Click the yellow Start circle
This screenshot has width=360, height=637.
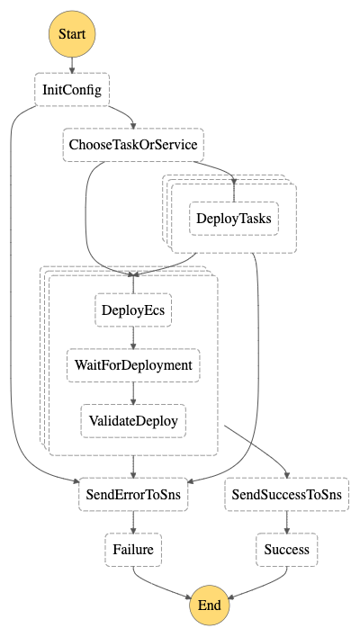coord(72,34)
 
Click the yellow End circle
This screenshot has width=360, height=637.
coord(210,606)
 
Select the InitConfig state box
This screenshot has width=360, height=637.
coord(72,90)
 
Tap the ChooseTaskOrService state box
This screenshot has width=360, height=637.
coord(133,145)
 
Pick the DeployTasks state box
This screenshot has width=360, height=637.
coord(234,219)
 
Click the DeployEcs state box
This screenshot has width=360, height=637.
coord(133,310)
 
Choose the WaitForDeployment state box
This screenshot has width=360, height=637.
coord(133,365)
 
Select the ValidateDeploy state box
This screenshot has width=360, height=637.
coord(133,421)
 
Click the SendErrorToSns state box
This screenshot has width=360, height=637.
coord(133,495)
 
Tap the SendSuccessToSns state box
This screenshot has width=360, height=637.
coord(286,495)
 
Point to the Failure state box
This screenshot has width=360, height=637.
coord(133,550)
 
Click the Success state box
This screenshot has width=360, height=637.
coord(286,550)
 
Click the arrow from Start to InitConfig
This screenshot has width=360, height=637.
coord(72,66)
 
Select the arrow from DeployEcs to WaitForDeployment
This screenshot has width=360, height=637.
coord(133,337)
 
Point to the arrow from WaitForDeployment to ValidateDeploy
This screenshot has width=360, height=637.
coord(133,393)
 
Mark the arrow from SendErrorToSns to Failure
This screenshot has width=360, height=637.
coord(133,522)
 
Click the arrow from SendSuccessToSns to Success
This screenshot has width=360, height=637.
coord(286,522)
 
